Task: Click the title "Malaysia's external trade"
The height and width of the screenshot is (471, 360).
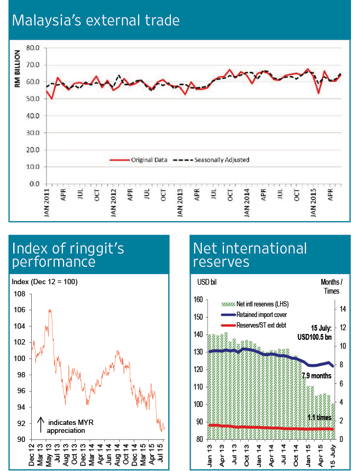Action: (96, 21)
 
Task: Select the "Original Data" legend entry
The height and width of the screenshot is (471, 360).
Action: (149, 159)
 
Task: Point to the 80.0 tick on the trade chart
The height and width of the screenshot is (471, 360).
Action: (33, 48)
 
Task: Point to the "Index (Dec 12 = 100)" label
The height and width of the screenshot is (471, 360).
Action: (44, 282)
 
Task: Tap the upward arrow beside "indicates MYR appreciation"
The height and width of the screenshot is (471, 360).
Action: (40, 426)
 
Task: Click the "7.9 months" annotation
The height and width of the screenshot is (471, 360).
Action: (317, 376)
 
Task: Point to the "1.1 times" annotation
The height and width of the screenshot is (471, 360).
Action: (319, 418)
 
